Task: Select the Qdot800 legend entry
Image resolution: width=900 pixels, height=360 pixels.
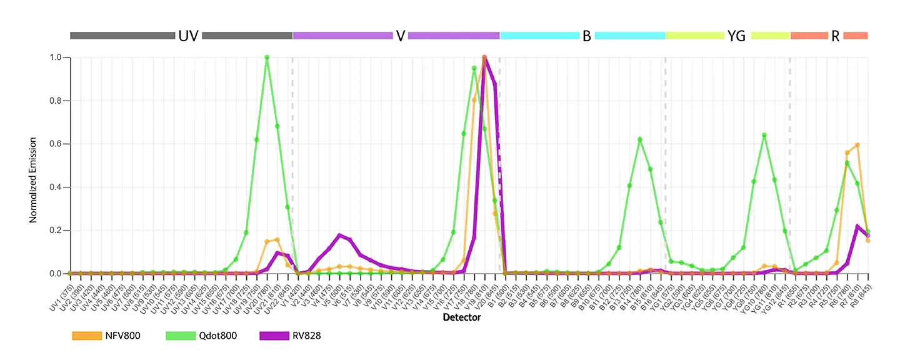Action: pyautogui.click(x=200, y=336)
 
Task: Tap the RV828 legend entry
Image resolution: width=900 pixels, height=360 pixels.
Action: pyautogui.click(x=289, y=336)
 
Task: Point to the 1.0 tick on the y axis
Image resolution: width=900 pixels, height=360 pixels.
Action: pyautogui.click(x=56, y=57)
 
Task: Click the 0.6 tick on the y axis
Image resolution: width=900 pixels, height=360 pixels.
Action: pyautogui.click(x=56, y=144)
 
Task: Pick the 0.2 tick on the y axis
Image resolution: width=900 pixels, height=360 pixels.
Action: pyautogui.click(x=56, y=231)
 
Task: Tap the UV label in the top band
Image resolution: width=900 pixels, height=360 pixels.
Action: pyautogui.click(x=188, y=36)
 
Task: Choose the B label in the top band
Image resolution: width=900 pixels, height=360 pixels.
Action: pyautogui.click(x=586, y=36)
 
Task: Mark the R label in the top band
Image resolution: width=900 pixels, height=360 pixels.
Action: pyautogui.click(x=835, y=36)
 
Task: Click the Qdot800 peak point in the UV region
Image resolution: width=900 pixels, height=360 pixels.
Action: pyautogui.click(x=267, y=57)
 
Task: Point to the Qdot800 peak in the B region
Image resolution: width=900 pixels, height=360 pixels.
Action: pyautogui.click(x=639, y=139)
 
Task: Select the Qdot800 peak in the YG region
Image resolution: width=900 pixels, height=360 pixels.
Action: pyautogui.click(x=764, y=135)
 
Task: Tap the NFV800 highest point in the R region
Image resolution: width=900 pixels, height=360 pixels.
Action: pyautogui.click(x=857, y=145)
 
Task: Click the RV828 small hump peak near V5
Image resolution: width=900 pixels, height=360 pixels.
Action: pyautogui.click(x=339, y=235)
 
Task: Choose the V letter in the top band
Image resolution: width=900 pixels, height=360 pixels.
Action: pyautogui.click(x=400, y=36)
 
